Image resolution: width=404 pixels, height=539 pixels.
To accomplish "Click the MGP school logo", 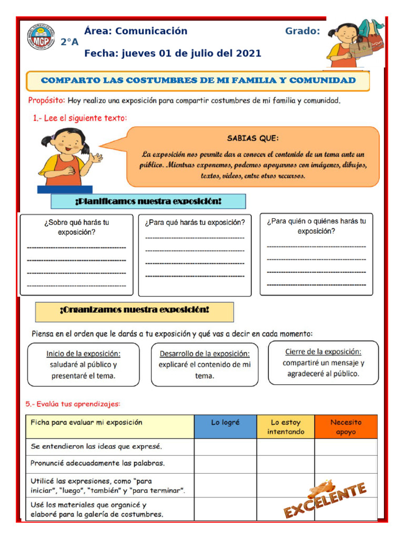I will (x=41, y=40).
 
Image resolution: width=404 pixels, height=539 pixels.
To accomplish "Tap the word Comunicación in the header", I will (x=151, y=31).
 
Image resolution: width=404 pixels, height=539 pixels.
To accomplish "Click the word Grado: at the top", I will (x=302, y=31).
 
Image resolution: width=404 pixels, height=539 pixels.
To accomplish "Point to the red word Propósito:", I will (x=46, y=100).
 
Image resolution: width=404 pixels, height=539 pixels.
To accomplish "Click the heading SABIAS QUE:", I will (x=253, y=138).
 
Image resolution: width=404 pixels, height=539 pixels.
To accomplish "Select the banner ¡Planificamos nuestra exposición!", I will (x=148, y=202).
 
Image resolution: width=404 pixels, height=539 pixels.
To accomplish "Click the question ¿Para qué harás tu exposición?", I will (x=195, y=223).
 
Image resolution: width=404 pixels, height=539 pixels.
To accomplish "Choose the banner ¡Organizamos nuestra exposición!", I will (x=134, y=311).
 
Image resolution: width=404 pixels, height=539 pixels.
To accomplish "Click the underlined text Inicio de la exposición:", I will (x=83, y=354).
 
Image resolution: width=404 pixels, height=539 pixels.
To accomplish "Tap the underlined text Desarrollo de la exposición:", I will (x=205, y=354).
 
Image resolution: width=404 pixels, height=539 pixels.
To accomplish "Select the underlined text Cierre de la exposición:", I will (x=323, y=352).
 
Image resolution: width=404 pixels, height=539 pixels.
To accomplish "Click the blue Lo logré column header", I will (x=225, y=422).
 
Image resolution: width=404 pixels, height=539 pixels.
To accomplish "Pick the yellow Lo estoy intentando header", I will (x=286, y=427).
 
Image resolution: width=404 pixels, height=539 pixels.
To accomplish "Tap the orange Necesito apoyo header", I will (x=346, y=427).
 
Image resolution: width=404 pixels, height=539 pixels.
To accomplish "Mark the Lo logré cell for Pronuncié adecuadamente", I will (x=225, y=463).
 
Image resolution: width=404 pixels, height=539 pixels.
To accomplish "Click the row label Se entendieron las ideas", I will (x=96, y=446).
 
